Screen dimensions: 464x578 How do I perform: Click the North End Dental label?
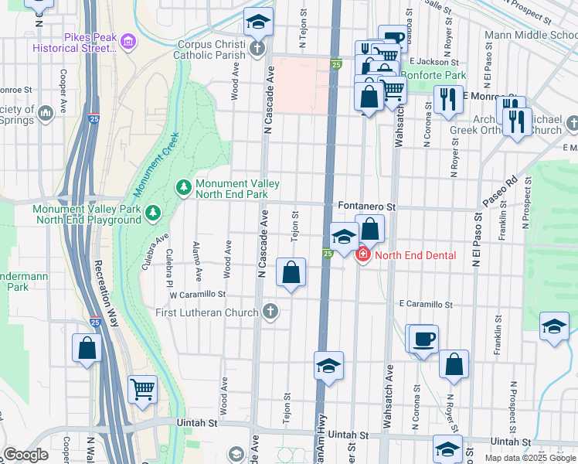pyautogui.click(x=415, y=255)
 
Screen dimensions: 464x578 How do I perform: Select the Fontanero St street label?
pyautogui.click(x=367, y=207)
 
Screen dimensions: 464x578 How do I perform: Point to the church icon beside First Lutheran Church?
pyautogui.click(x=270, y=312)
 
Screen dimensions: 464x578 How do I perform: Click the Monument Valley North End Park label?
pyautogui.click(x=236, y=189)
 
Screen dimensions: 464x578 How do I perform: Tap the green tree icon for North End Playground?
pyautogui.click(x=153, y=210)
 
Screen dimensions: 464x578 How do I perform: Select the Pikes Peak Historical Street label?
pyautogui.click(x=76, y=42)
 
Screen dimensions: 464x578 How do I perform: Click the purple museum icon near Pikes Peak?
pyautogui.click(x=128, y=40)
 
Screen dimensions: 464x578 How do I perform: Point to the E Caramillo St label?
pyautogui.click(x=425, y=305)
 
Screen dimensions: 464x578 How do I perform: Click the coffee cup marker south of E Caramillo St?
pyautogui.click(x=424, y=339)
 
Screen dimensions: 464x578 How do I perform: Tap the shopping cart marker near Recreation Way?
pyautogui.click(x=142, y=390)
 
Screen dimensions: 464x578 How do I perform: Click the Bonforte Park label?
pyautogui.click(x=437, y=76)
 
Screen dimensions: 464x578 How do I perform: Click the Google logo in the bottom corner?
pyautogui.click(x=25, y=455)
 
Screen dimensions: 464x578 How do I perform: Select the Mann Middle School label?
pyautogui.click(x=530, y=35)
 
